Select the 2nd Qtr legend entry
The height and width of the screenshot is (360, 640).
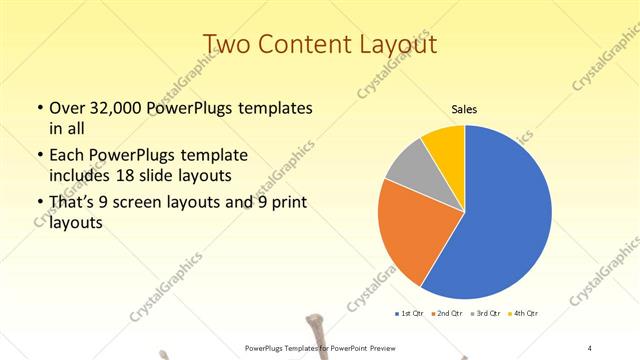[x=447, y=313]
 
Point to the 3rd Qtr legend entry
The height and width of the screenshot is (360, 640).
[x=486, y=313]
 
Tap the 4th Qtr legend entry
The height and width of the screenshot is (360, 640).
[x=525, y=313]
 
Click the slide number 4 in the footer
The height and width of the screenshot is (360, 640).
[x=590, y=347]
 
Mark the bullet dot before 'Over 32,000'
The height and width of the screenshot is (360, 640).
[x=39, y=108]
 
